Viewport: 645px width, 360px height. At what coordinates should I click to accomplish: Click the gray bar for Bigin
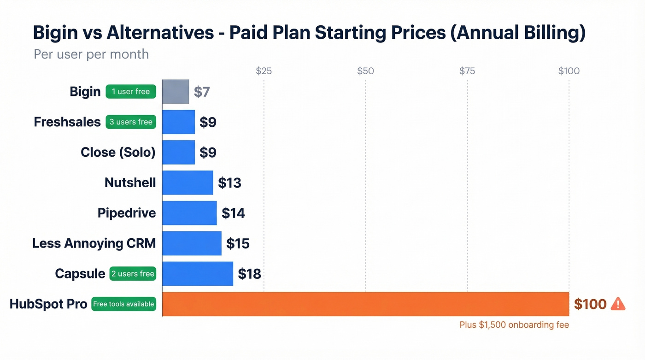coord(176,91)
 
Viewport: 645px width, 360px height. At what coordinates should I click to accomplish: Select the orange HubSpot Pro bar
coord(366,304)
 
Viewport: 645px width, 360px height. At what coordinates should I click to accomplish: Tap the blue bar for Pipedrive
coord(189,213)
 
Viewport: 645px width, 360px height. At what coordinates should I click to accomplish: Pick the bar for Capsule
coord(198,274)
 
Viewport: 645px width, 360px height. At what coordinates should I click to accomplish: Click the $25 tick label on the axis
coord(264,71)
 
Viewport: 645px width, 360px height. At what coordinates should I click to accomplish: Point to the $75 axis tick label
coord(467,71)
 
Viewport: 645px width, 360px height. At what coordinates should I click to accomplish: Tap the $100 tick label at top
coord(569,71)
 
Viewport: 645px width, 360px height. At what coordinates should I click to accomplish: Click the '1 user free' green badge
coord(131,92)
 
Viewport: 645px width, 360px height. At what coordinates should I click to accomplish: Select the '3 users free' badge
coord(131,122)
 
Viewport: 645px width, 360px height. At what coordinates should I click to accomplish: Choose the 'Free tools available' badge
coord(123,304)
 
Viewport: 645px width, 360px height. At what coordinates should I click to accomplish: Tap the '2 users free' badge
coord(133,274)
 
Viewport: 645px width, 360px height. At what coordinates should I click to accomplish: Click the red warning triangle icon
coord(618,304)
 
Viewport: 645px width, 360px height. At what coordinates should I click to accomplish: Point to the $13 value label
coord(229,183)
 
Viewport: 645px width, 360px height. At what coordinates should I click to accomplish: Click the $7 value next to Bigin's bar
coord(202,92)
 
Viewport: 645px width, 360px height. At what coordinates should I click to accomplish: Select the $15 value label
coord(238,243)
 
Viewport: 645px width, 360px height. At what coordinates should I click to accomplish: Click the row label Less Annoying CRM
coord(94,243)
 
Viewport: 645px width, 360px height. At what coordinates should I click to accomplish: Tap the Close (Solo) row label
coord(118,152)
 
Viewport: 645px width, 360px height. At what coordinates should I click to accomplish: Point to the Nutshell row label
coord(130,183)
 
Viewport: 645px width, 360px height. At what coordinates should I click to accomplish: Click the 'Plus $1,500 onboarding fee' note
coord(514,325)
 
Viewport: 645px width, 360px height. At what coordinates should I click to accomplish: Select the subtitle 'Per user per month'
coord(91,54)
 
